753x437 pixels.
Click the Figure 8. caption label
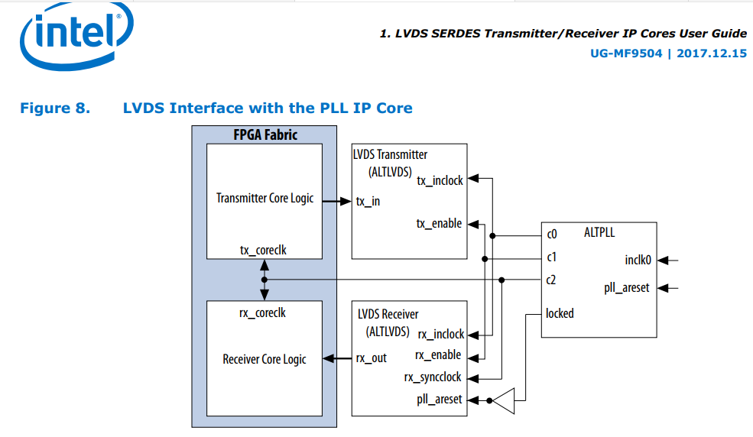(x=54, y=108)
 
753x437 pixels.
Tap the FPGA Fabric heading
(x=265, y=135)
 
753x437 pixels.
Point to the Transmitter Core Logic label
(x=265, y=199)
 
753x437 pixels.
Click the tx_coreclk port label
(x=263, y=250)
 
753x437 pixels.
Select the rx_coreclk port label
(x=263, y=312)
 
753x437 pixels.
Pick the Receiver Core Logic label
(x=265, y=359)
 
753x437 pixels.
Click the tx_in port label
(x=368, y=202)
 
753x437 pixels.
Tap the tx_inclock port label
(x=440, y=181)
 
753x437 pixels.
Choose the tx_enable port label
(x=439, y=224)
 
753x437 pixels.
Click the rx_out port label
(x=372, y=358)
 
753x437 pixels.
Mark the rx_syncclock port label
(x=433, y=377)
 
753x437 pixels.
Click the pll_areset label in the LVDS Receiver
(x=439, y=399)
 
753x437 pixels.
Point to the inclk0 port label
(x=638, y=261)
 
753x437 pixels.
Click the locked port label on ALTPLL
(x=560, y=313)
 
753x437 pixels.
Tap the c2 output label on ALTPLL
(x=551, y=280)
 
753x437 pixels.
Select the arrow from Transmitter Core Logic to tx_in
(x=336, y=202)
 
